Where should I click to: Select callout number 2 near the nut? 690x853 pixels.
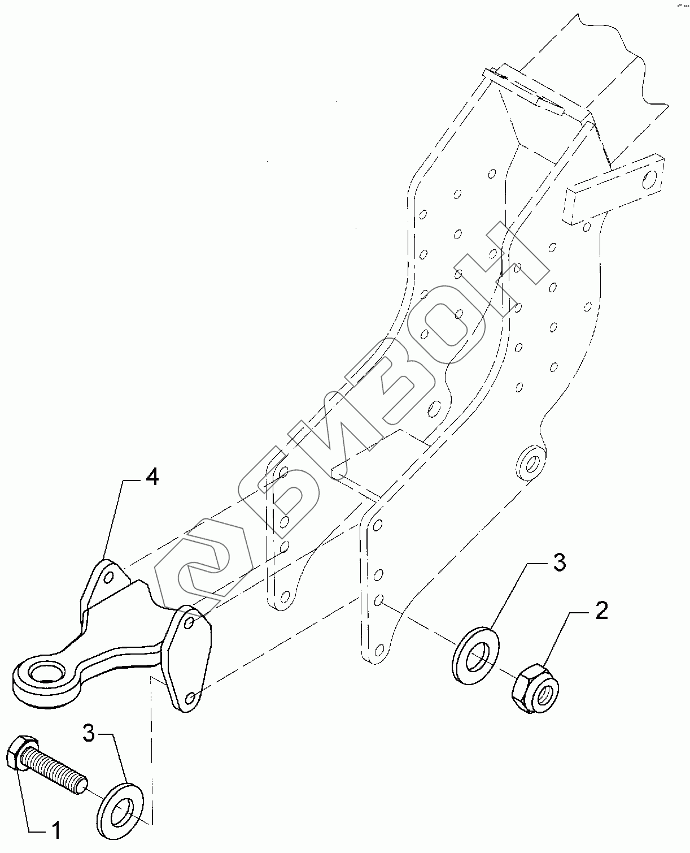click(601, 611)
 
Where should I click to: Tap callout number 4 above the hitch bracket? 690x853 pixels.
click(151, 478)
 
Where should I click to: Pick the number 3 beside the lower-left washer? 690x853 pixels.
click(89, 733)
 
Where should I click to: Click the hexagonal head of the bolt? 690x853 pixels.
click(21, 752)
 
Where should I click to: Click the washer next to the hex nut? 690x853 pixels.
click(475, 653)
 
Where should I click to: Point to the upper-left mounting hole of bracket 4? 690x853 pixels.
click(109, 577)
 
